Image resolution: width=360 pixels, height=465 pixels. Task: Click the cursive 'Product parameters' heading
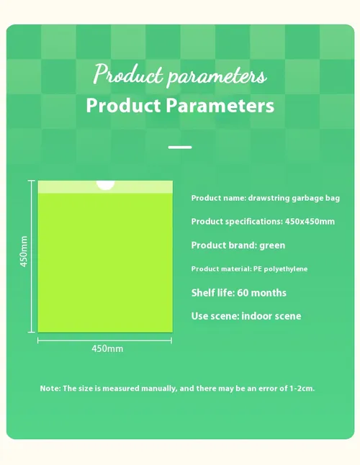tap(180, 75)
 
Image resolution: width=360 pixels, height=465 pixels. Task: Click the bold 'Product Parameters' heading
tap(180, 105)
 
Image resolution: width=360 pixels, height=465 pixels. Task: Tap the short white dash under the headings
tap(180, 147)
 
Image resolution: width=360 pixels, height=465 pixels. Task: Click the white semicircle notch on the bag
tap(105, 184)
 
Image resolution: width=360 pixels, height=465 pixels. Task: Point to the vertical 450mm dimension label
tap(24, 251)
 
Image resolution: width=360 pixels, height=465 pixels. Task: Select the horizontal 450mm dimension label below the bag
tap(107, 348)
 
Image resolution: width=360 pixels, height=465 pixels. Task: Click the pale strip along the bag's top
tap(105, 187)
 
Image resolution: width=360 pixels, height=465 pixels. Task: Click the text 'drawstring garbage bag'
tap(294, 198)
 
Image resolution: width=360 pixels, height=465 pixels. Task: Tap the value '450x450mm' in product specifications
tap(310, 222)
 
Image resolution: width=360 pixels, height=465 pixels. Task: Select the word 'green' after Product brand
tap(272, 245)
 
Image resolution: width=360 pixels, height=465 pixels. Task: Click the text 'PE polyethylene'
tap(280, 269)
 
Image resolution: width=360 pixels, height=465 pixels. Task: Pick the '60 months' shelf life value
tap(261, 293)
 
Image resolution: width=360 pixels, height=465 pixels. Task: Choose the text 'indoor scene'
tap(271, 316)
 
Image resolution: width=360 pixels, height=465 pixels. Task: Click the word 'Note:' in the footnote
tap(50, 389)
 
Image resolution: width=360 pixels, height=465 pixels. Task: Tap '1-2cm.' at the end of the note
tap(302, 389)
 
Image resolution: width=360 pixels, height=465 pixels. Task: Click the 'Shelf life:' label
tap(213, 293)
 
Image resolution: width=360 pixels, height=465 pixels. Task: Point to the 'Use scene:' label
tap(215, 316)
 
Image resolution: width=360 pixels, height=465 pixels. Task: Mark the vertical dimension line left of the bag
tap(32, 256)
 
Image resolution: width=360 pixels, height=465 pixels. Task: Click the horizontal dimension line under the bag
tap(104, 340)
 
